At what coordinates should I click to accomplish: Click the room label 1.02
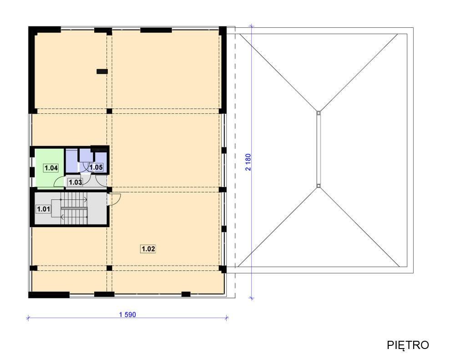[x=148, y=249]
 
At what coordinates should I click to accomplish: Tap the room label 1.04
[x=51, y=168]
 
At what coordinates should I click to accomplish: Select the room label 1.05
[x=96, y=167]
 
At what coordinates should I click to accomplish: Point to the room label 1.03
[x=75, y=182]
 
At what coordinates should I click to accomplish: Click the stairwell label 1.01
[x=43, y=209]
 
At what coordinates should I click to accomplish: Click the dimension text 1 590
[x=127, y=314]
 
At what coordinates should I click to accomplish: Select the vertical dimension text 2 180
[x=248, y=162]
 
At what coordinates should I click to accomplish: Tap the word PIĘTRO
[x=408, y=345]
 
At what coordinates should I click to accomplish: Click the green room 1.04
[x=49, y=168]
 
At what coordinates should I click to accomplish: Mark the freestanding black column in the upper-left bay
[x=102, y=71]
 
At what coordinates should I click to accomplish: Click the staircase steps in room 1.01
[x=74, y=208]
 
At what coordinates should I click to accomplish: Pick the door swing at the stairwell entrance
[x=115, y=199]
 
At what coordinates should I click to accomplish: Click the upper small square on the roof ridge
[x=318, y=112]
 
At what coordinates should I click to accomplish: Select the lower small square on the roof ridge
[x=318, y=186]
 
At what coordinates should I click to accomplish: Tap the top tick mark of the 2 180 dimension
[x=252, y=26]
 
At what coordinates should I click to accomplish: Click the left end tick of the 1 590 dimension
[x=28, y=318]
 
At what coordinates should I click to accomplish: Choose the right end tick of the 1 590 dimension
[x=227, y=318]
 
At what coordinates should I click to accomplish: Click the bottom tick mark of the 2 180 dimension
[x=252, y=298]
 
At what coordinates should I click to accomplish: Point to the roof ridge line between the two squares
[x=318, y=149]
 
